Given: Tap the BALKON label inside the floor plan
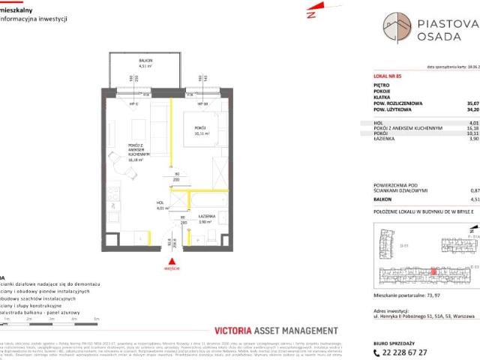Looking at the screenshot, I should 145,62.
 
